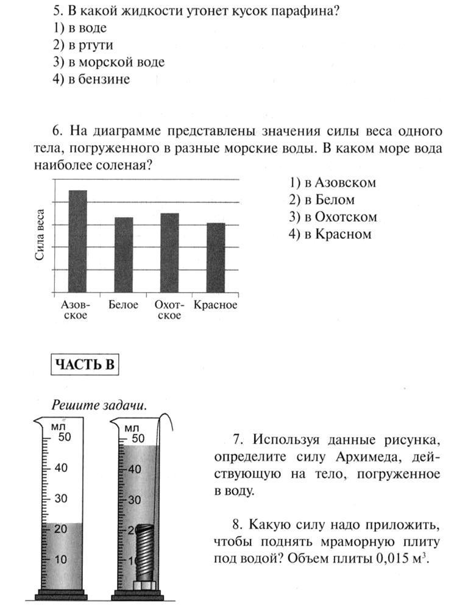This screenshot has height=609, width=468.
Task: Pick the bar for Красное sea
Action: [x=216, y=258]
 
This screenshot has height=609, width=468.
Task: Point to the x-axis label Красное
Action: [x=215, y=305]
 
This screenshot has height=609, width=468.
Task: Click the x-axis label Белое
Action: [x=124, y=305]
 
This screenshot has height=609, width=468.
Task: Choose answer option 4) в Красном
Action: [x=330, y=234]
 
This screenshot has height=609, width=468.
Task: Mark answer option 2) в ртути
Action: [x=83, y=45]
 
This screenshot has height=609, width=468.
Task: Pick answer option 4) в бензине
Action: [x=91, y=79]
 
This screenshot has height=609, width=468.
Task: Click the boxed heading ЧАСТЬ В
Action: [x=84, y=364]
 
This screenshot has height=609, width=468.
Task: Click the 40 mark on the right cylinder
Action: [x=135, y=469]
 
